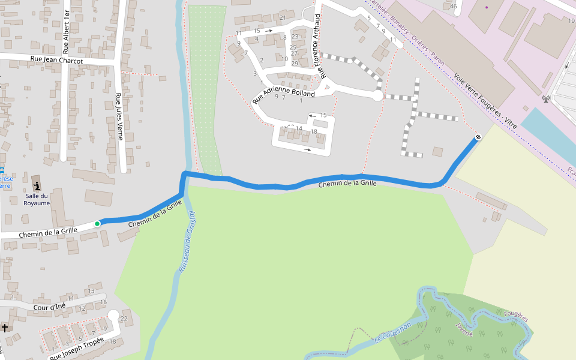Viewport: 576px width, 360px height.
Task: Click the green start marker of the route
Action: (97, 224)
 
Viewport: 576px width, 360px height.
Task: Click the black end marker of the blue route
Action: (478, 137)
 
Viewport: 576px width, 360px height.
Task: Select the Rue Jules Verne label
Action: (119, 116)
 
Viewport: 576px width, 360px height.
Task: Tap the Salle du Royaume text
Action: (37, 199)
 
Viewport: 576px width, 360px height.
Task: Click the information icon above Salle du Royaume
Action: (37, 185)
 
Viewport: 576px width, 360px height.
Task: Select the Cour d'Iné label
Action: (50, 307)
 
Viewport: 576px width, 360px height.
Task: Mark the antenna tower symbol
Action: (545, 98)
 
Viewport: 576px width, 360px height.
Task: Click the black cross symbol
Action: (5, 328)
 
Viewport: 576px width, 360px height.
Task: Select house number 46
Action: (454, 7)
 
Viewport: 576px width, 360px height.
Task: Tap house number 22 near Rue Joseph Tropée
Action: (124, 318)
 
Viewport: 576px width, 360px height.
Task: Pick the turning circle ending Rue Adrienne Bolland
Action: (377, 95)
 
